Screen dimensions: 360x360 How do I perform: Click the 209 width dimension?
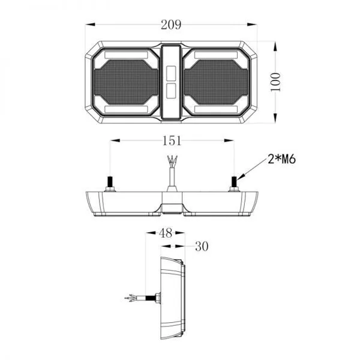[x=171, y=25]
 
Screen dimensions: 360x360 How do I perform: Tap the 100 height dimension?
[x=275, y=82]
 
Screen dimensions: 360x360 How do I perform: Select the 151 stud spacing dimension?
[x=172, y=140]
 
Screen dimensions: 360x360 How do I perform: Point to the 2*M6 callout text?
[x=282, y=159]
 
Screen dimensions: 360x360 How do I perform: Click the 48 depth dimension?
[x=166, y=233]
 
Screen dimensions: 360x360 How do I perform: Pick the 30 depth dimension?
[x=202, y=247]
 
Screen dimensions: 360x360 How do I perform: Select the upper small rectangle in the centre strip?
[x=171, y=73]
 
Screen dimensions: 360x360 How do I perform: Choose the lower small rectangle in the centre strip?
[x=171, y=91]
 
